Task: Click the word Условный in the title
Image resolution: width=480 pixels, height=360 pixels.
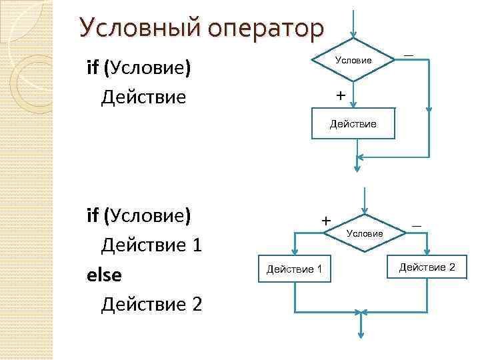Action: pyautogui.click(x=136, y=29)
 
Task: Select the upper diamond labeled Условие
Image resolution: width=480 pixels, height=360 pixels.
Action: pyautogui.click(x=353, y=60)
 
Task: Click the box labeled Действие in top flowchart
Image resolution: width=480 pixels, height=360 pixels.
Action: pyautogui.click(x=353, y=124)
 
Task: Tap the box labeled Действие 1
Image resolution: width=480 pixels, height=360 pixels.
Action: pyautogui.click(x=294, y=269)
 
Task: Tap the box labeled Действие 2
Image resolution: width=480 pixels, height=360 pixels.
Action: pyautogui.click(x=427, y=267)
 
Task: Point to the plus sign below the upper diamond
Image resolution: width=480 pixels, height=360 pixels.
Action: pyautogui.click(x=341, y=96)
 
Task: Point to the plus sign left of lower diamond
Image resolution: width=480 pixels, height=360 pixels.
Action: pyautogui.click(x=326, y=219)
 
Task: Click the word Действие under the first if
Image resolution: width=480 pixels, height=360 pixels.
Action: pyautogui.click(x=143, y=97)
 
